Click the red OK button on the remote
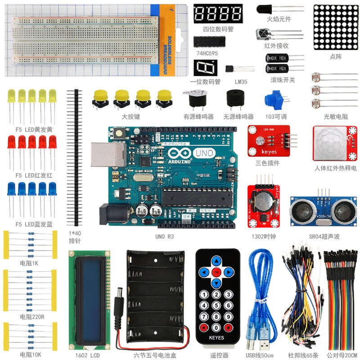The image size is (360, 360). point(217,272)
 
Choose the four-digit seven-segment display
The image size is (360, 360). point(218,13)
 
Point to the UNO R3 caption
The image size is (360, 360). point(164,236)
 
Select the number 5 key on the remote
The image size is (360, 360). point(216,306)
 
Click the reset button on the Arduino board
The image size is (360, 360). point(120,133)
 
